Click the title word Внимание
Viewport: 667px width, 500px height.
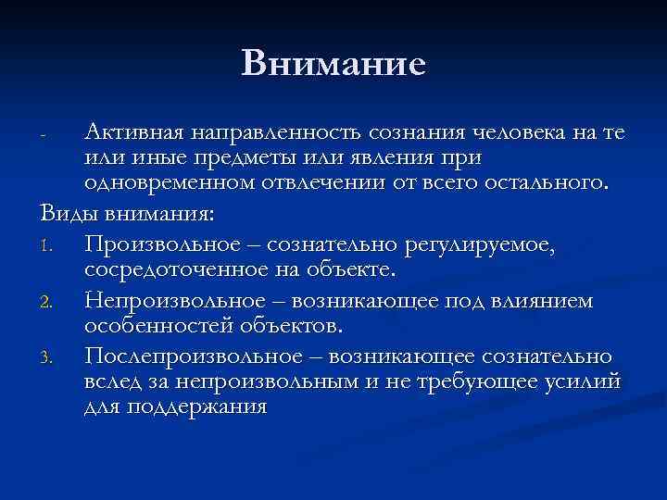[333, 63]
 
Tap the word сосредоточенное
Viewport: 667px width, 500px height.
[164, 269]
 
